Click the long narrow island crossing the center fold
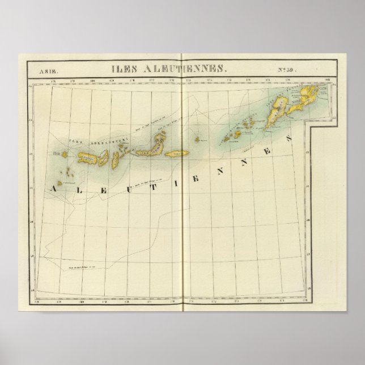[176, 154]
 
